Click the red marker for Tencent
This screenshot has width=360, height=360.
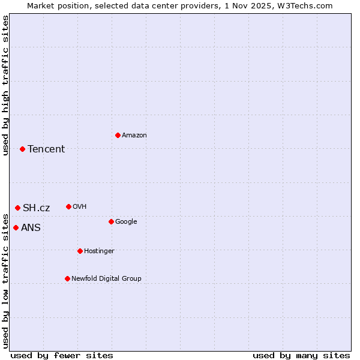coord(22,149)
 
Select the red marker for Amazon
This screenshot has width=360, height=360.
coord(118,135)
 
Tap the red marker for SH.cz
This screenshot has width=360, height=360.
coord(17,208)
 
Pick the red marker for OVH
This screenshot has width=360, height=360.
coord(68,206)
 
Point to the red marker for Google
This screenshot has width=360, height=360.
coord(111,221)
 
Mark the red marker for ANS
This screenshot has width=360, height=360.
coord(16,227)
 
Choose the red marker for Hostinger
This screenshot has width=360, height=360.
coord(80,251)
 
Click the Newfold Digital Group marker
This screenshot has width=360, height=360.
coord(67,278)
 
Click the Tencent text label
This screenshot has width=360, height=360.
coord(46,149)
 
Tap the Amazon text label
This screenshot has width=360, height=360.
coord(134,135)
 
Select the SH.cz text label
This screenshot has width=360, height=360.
coord(37,208)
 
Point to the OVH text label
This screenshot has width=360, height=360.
coord(80,206)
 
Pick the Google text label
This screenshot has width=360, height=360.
coord(126,221)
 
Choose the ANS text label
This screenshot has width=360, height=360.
coord(31,227)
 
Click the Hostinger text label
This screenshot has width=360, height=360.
coord(99,251)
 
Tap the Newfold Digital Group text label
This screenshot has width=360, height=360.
coord(106,278)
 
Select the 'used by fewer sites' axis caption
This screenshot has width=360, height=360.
coord(62,355)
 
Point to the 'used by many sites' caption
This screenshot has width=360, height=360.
coord(301,355)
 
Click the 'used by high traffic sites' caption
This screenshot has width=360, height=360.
coord(5,85)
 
